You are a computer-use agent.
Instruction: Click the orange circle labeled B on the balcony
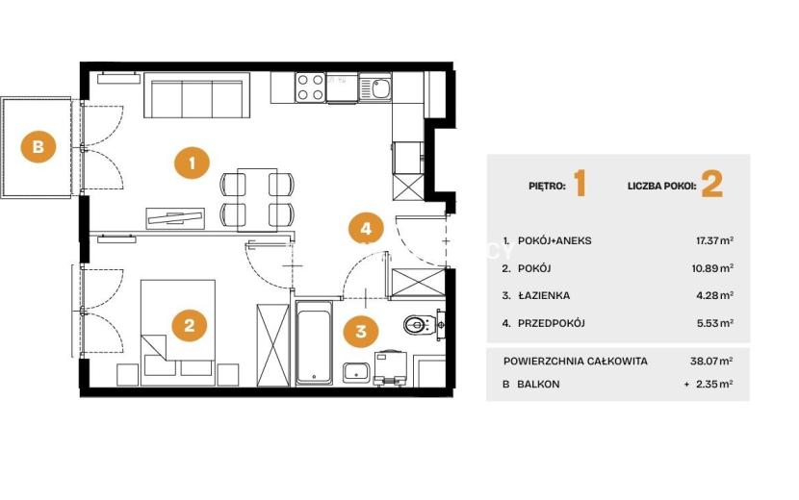pos(39,147)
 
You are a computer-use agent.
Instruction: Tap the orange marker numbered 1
pos(192,162)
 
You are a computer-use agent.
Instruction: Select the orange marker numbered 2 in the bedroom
pos(189,325)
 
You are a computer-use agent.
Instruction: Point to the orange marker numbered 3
pos(361,332)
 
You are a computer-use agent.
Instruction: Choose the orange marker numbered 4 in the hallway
pos(366,229)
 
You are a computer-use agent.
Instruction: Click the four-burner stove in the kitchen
pos(310,87)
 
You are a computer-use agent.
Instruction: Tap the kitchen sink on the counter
pos(375,87)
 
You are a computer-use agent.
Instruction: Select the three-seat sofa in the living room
pos(197,95)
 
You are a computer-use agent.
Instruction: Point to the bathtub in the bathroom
pos(314,342)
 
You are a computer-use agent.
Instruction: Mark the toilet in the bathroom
pos(420,324)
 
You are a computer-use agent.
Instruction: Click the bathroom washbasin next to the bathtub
pos(355,373)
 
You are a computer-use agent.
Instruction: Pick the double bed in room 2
pos(177,332)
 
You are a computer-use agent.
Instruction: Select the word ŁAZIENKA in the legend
pos(544,295)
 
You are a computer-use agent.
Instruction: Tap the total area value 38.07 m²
pos(711,361)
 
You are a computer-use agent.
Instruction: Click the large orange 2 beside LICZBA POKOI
pos(711,185)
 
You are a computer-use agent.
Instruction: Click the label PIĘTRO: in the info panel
pos(547,186)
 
